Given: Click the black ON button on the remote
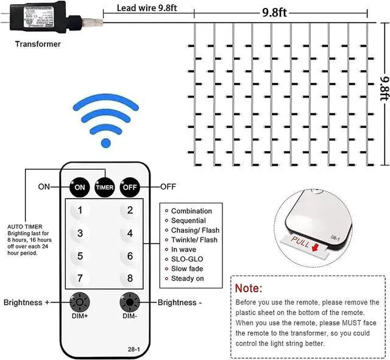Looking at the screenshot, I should click(80, 187).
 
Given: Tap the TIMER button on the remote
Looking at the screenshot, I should click(104, 187).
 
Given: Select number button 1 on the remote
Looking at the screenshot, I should click(80, 210).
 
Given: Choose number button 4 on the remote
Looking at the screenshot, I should click(130, 233).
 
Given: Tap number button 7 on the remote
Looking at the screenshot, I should click(80, 278).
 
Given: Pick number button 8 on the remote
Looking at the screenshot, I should click(130, 278).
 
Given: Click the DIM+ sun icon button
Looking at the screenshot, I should click(80, 302).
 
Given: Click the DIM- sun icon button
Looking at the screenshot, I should click(129, 302).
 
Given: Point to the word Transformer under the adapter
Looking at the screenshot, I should click(38, 44).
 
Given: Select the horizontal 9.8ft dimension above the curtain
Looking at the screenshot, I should click(274, 12).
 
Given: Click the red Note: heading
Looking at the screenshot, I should click(249, 288).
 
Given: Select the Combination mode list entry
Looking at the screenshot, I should click(191, 211).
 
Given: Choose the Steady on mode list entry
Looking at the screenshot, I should click(188, 278).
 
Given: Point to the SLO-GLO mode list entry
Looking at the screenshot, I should click(187, 259).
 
